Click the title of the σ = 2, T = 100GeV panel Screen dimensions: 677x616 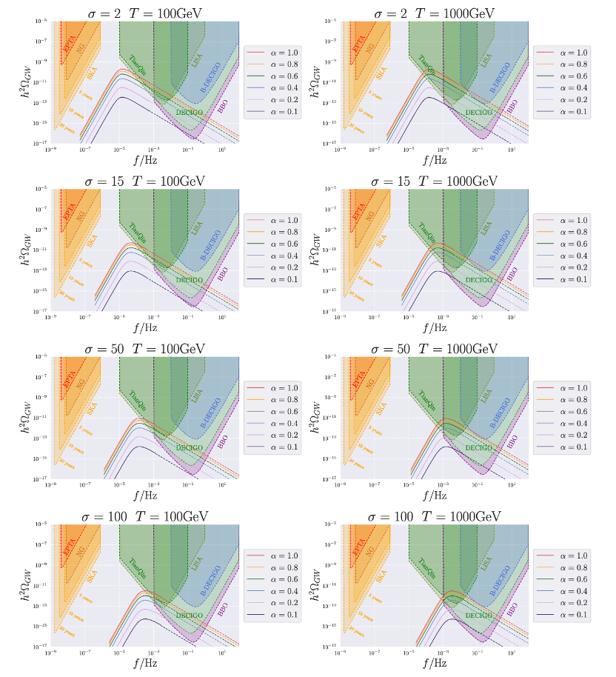tap(144, 13)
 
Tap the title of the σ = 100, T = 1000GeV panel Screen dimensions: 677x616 tap(435, 516)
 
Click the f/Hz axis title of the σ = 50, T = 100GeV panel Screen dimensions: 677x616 tap(144, 494)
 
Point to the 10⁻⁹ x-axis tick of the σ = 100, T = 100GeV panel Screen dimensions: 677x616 tap(50, 653)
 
